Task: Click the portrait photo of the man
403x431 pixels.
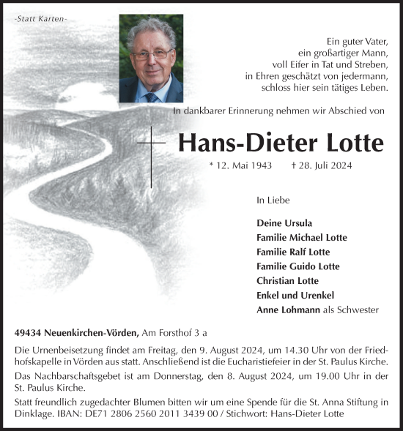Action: click(x=151, y=59)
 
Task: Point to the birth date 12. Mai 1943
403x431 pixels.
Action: click(x=243, y=165)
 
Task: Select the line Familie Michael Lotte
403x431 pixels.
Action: click(x=302, y=238)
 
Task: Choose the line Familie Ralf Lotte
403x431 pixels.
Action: click(x=293, y=252)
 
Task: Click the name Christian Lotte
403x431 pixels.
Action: click(x=288, y=281)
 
